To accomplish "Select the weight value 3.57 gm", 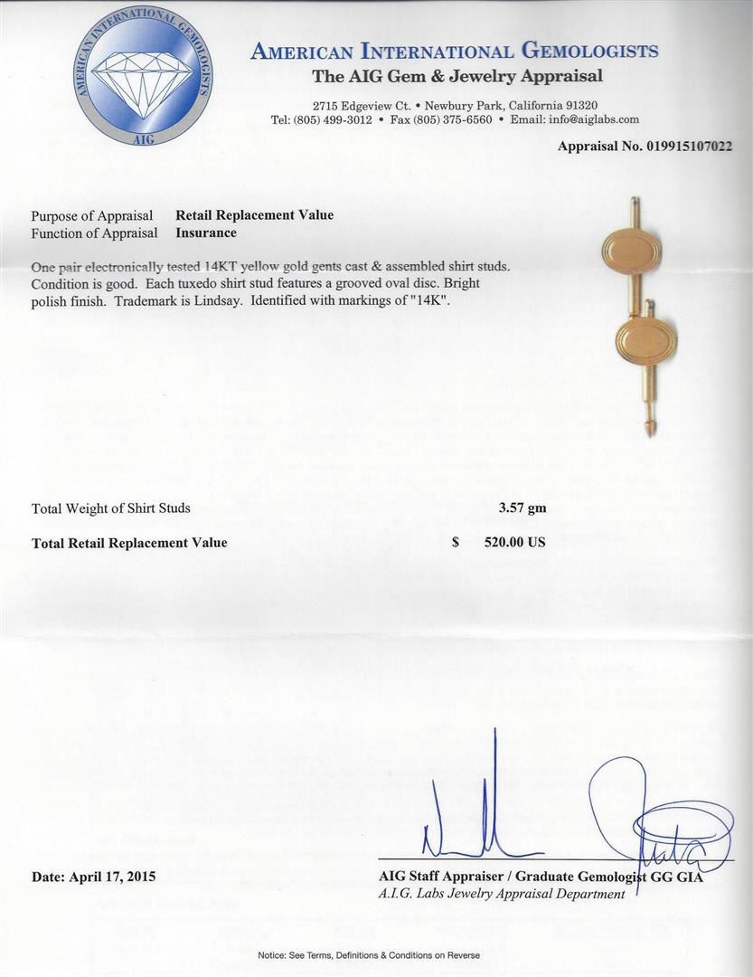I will click(x=522, y=508).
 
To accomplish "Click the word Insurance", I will click(x=206, y=232).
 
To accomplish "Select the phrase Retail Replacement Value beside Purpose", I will click(x=254, y=215).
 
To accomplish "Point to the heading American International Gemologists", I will click(x=454, y=52).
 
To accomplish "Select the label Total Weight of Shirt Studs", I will click(x=111, y=508).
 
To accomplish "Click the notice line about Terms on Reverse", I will click(x=369, y=955).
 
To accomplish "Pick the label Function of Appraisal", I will click(x=94, y=232).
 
